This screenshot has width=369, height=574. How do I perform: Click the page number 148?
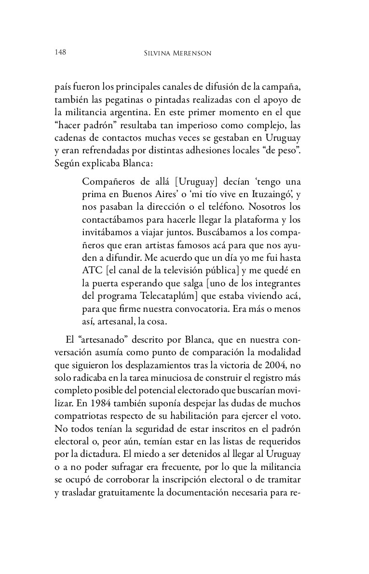[x=60, y=52]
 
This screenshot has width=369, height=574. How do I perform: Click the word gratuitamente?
[x=134, y=490]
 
